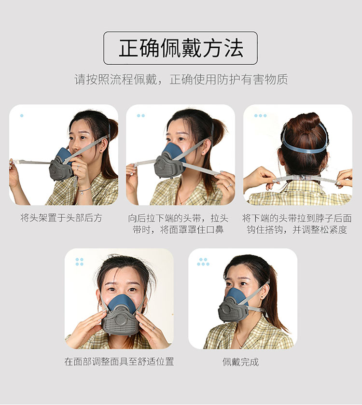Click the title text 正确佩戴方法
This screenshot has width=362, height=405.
tap(181, 48)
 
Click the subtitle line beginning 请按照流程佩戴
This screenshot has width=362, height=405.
tap(181, 79)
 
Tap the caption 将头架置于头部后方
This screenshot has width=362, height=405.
tap(61, 218)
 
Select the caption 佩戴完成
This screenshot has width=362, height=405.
tap(241, 362)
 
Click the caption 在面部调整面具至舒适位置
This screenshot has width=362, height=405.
tap(119, 362)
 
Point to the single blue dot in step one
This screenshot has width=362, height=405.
tap(22, 115)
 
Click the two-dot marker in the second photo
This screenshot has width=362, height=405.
tap(141, 115)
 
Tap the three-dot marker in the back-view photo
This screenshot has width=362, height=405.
tap(260, 115)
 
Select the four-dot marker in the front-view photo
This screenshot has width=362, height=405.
tap(80, 262)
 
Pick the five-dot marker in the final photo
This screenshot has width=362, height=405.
tap(203, 262)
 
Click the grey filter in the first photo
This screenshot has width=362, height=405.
tap(61, 168)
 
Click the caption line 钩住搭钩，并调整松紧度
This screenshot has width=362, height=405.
tap(297, 230)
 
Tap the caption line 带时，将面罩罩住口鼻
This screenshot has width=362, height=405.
tap(178, 230)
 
